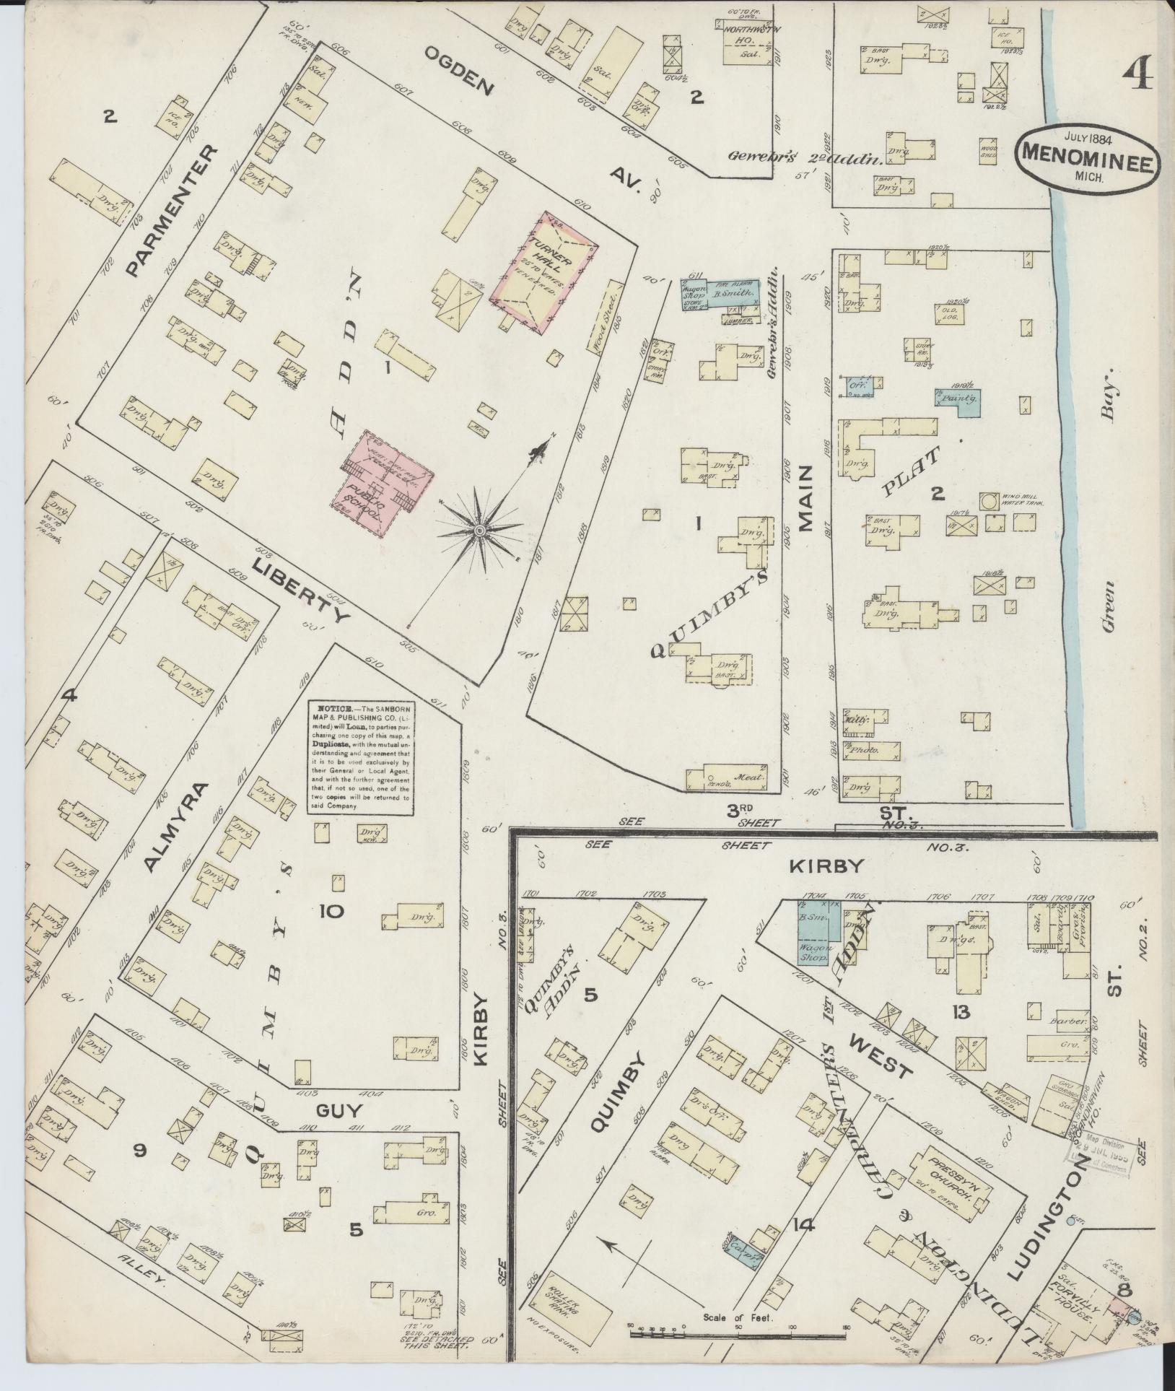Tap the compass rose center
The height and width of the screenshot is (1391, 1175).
pyautogui.click(x=479, y=531)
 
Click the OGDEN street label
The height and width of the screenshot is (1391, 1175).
pyautogui.click(x=459, y=71)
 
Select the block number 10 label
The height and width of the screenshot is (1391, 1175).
pyautogui.click(x=331, y=911)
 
